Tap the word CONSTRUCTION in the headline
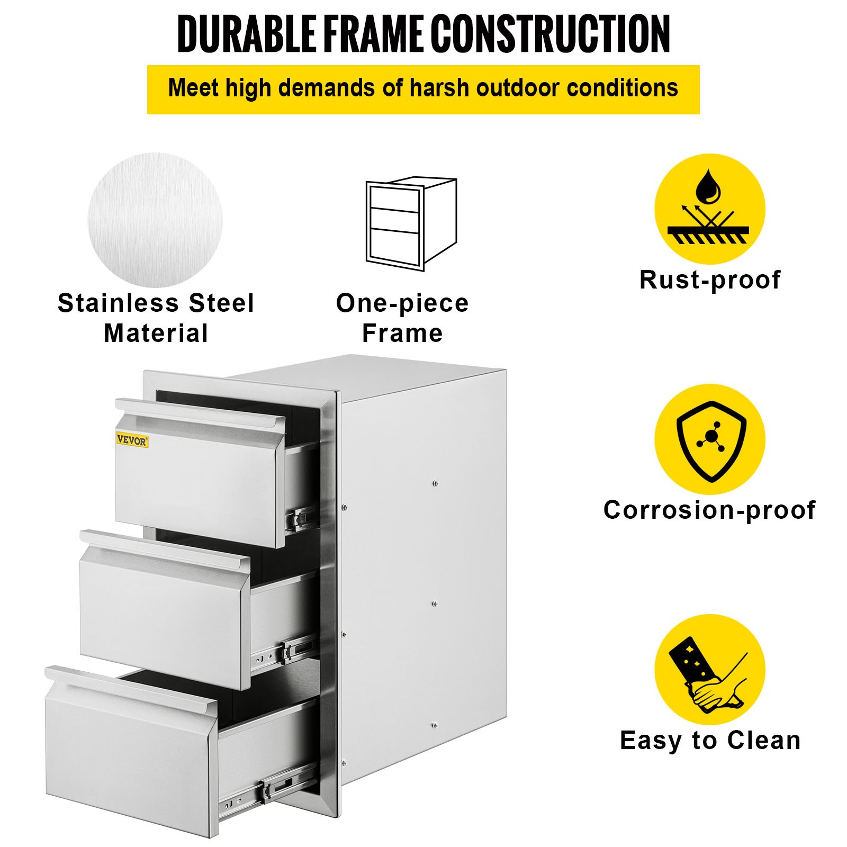[550, 34]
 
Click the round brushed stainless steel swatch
[155, 220]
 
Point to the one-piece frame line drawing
[411, 223]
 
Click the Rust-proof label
[709, 280]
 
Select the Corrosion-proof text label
[709, 510]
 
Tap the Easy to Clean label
[709, 740]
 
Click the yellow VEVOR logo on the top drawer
[132, 440]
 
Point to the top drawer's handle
[200, 413]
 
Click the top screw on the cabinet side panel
[435, 483]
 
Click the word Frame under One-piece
[402, 334]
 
